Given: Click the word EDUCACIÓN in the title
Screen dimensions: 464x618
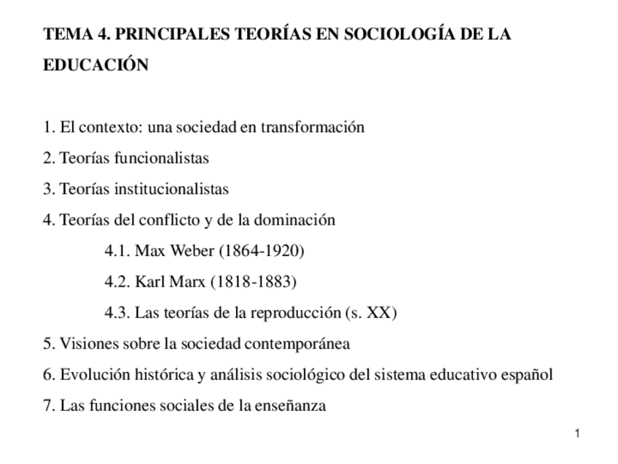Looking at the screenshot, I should click(96, 65).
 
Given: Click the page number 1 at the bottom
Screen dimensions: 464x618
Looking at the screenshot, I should click(576, 435).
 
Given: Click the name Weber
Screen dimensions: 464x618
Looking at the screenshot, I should click(192, 251).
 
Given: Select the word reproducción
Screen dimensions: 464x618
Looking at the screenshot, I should click(295, 313).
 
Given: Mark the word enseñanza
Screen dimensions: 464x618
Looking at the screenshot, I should click(292, 406).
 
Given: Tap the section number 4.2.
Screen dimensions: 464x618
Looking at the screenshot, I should click(117, 282).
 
